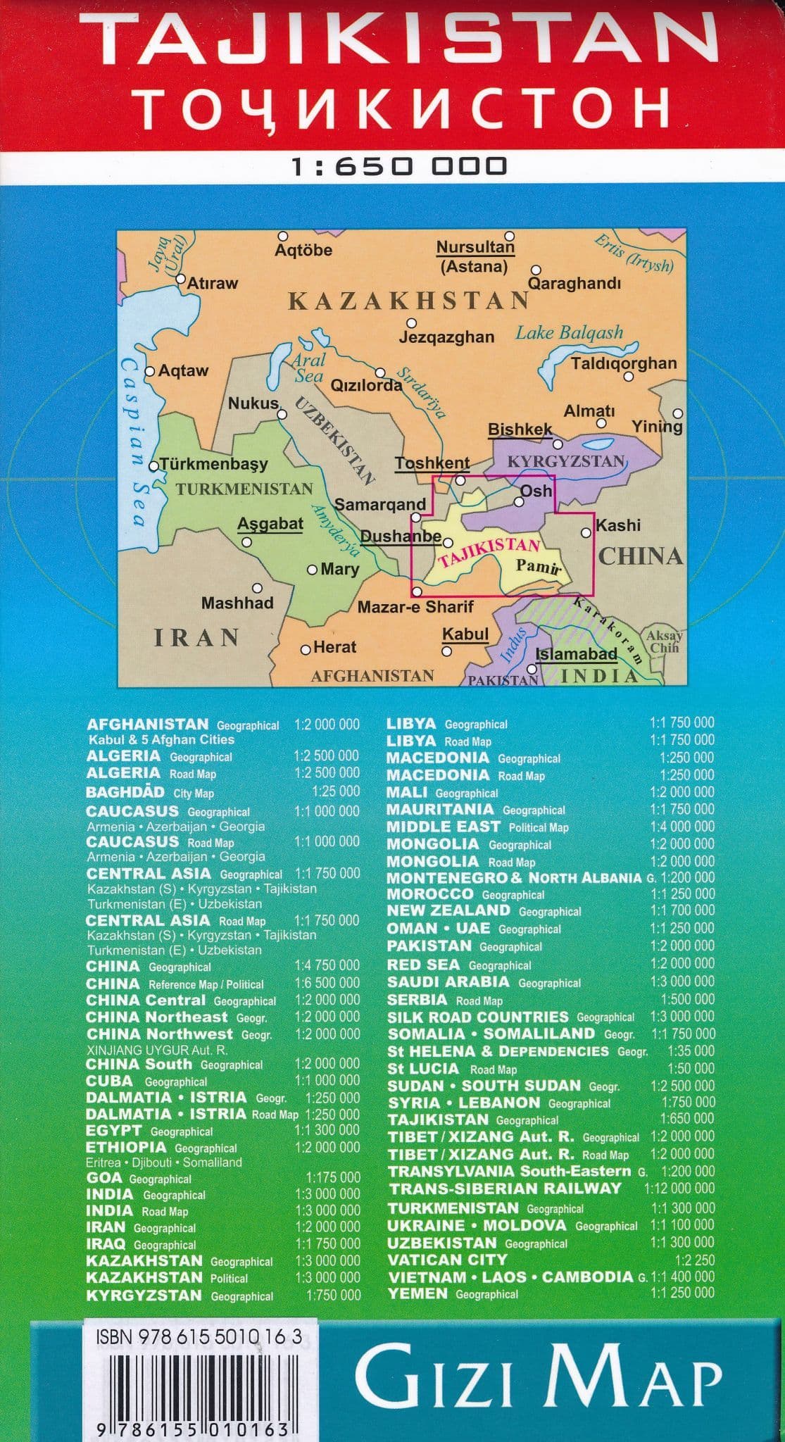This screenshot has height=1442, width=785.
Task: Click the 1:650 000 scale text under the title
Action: (399, 166)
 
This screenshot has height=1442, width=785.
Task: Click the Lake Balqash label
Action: (569, 333)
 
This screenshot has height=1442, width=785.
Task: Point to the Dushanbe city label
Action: (400, 537)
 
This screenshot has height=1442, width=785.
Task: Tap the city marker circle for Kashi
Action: (586, 533)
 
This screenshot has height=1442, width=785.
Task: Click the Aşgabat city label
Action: (270, 523)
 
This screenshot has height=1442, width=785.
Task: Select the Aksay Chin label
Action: (664, 641)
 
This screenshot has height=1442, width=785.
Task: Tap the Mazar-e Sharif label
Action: (415, 606)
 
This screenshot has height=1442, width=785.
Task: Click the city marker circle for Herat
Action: (306, 650)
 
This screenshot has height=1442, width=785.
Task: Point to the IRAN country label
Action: (196, 638)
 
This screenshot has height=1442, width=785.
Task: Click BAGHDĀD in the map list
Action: (125, 792)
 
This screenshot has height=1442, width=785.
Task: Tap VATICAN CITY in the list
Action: (447, 1260)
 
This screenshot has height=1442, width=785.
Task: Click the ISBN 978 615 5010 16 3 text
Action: (199, 1336)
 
